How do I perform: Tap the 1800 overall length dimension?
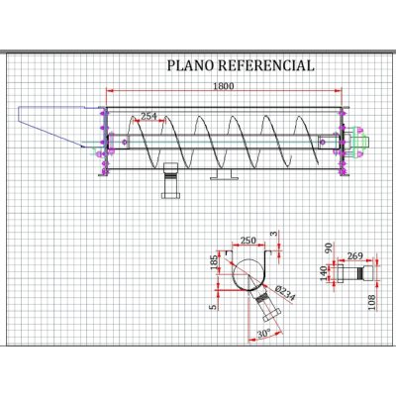(224, 86)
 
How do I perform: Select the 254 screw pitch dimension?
(148, 116)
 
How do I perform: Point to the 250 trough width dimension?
(248, 241)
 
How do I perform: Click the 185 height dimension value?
(214, 262)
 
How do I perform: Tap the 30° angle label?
(263, 333)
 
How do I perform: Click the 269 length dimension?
(355, 255)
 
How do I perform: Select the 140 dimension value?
(324, 273)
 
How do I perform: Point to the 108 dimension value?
(372, 302)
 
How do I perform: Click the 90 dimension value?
(328, 248)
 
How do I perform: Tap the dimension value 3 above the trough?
(273, 235)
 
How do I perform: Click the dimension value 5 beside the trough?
(214, 307)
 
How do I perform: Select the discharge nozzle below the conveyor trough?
(170, 180)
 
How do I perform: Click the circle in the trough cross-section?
(248, 274)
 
